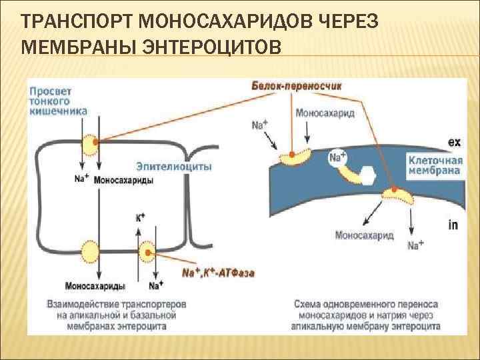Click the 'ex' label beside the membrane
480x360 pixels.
[x=453, y=142]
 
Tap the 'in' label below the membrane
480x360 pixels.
[x=453, y=225]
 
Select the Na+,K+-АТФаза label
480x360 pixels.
[x=219, y=273]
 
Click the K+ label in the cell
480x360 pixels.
[x=140, y=217]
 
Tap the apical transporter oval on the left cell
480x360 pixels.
[x=91, y=143]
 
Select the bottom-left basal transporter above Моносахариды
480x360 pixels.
[x=90, y=251]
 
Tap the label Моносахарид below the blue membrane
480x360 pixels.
[x=363, y=235]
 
